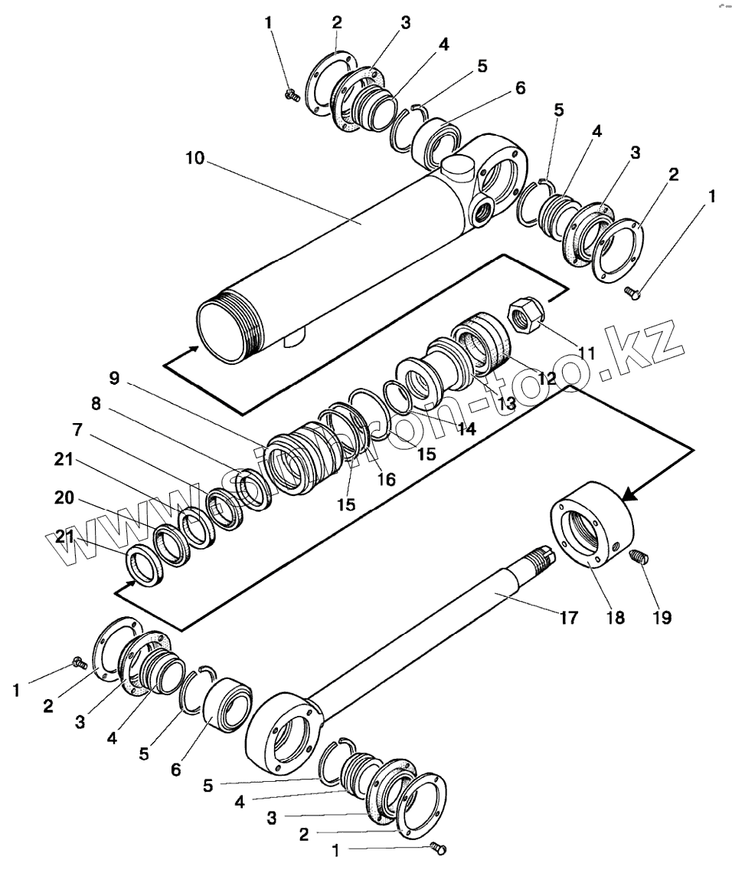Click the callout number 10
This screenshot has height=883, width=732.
194,159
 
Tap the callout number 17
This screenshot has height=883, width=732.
567,617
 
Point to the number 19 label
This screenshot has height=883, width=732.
662,617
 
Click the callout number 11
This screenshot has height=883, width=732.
587,353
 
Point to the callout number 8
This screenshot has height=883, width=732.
96,404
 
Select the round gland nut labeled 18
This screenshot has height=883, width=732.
593,530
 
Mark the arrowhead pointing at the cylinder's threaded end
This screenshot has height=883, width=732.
194,350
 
